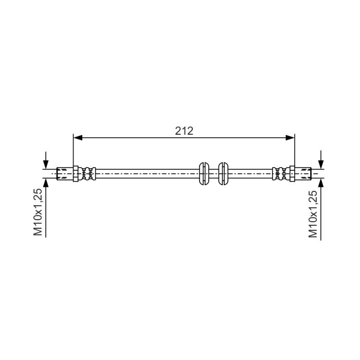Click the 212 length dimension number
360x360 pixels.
coord(184,131)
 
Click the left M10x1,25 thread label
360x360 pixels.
coord(38,212)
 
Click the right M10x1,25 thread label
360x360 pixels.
coord(313,214)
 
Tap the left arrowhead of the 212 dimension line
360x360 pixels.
coord(78,138)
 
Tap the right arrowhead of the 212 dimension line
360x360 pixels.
coord(290,138)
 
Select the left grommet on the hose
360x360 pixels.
coord(204,174)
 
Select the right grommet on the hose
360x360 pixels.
coord(223,174)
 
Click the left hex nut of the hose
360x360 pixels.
coord(76,174)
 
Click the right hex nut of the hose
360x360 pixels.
coord(292,174)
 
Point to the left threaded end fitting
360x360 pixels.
coord(65,174)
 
